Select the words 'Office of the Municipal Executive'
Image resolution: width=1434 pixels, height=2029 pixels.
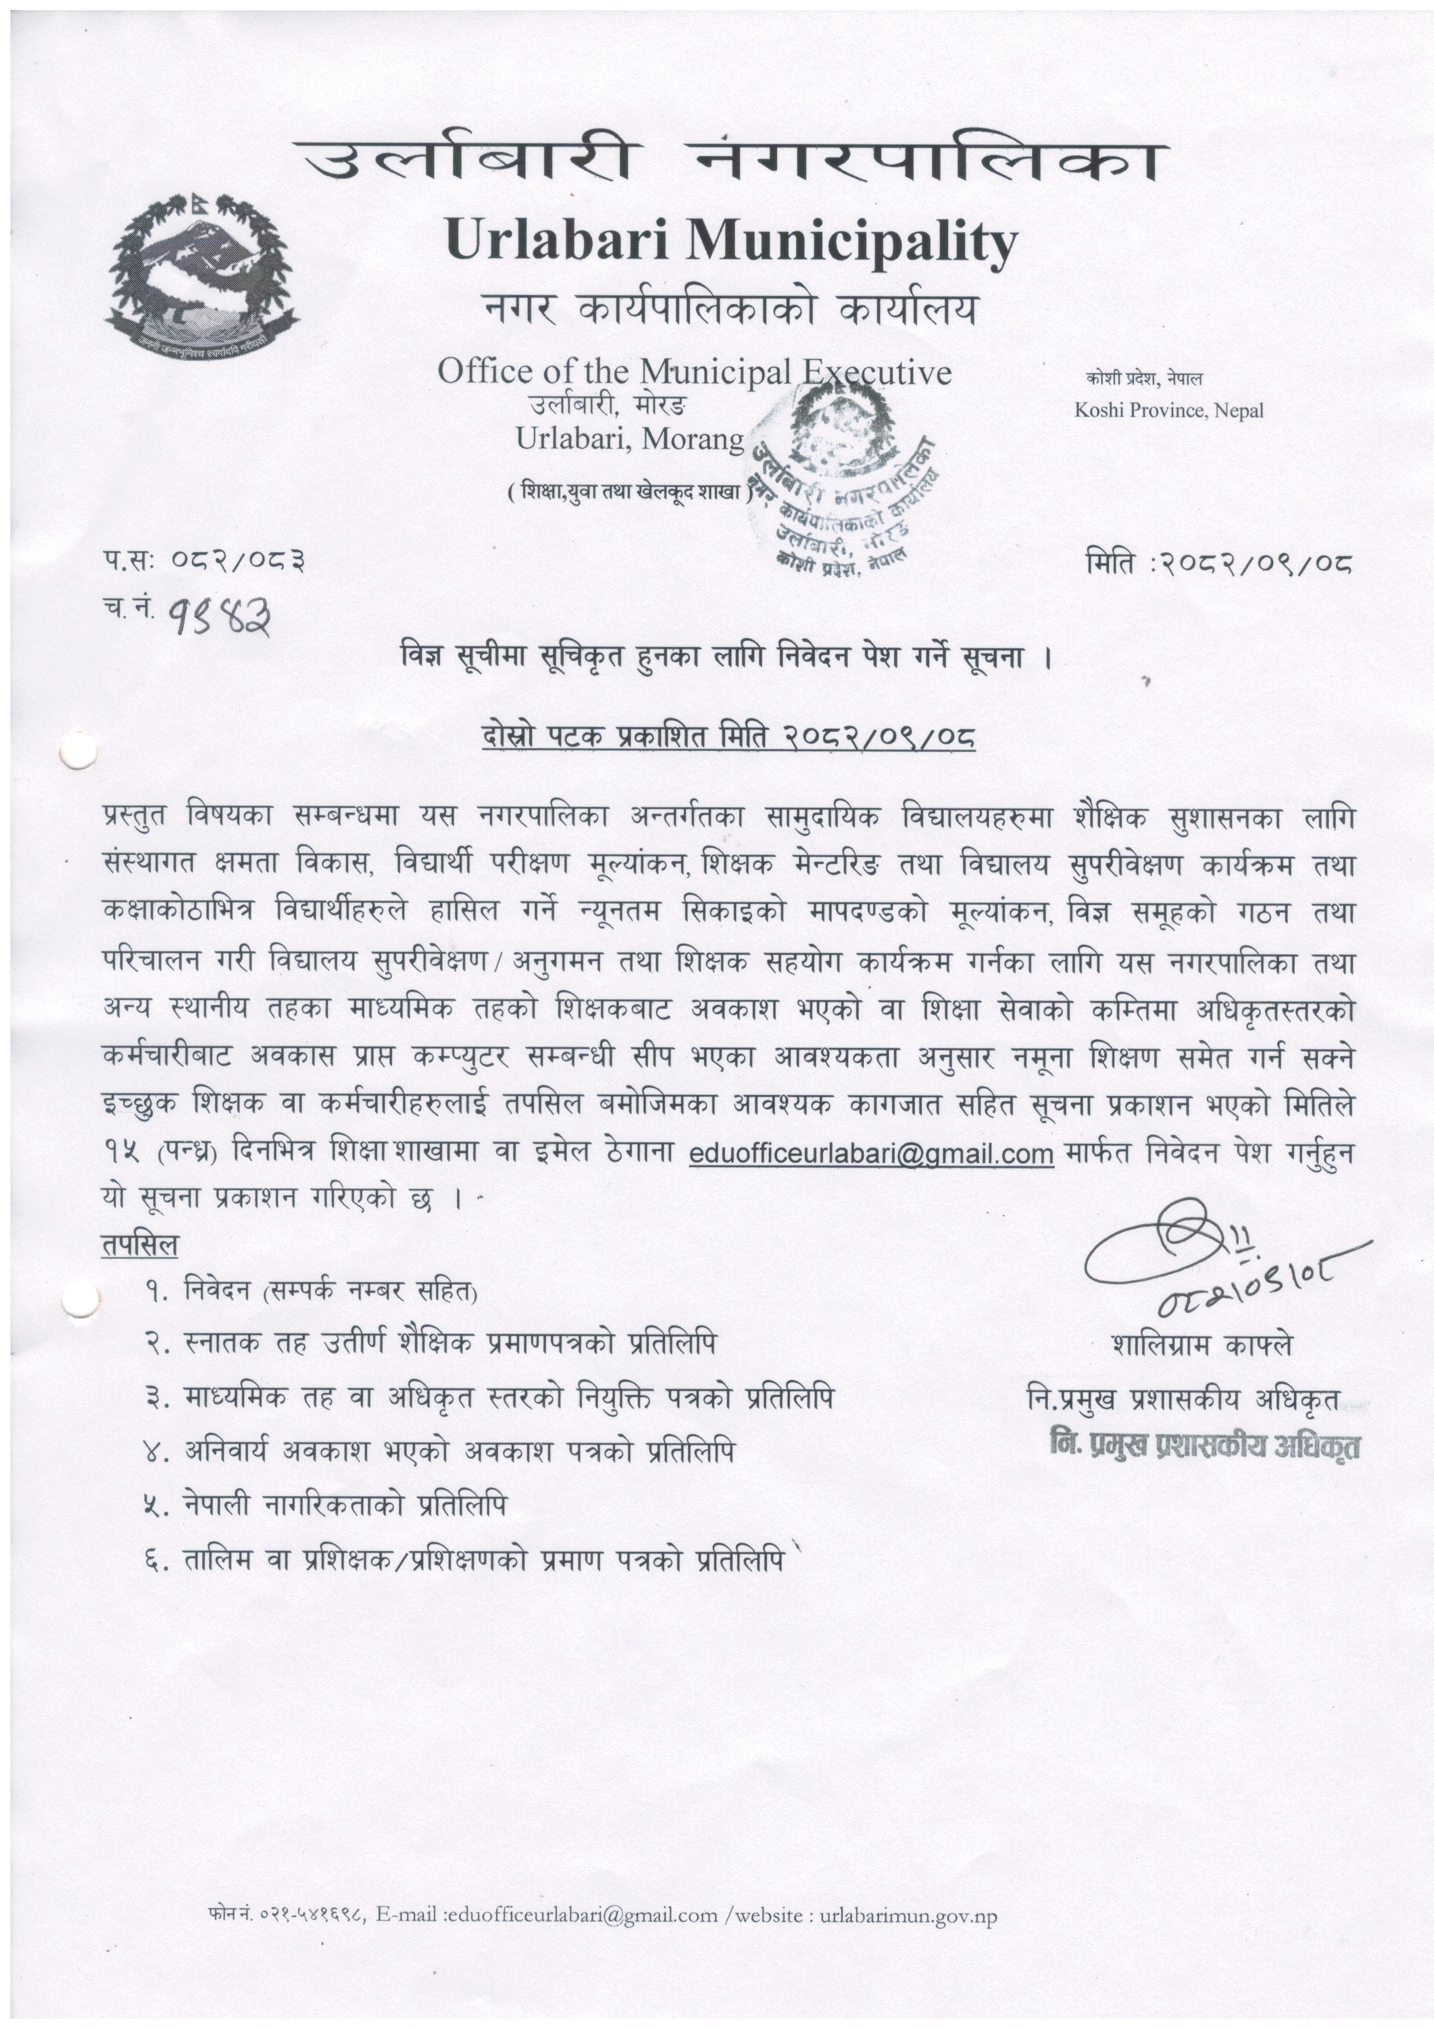click(x=694, y=372)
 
